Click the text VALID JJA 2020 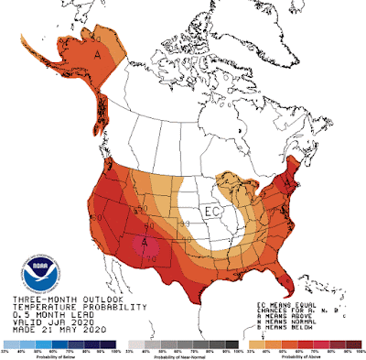click(48, 323)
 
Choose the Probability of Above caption click(307, 355)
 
